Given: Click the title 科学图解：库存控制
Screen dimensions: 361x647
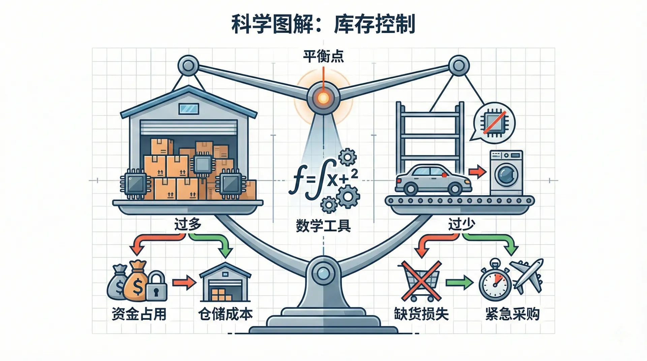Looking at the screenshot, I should pyautogui.click(x=323, y=24).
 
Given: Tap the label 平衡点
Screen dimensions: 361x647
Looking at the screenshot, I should pyautogui.click(x=323, y=56).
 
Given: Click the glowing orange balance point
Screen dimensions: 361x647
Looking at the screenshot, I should pyautogui.click(x=323, y=98).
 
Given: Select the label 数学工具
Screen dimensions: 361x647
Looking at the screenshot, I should pyautogui.click(x=323, y=226).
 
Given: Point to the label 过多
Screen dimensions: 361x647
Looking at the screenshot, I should pyautogui.click(x=188, y=224).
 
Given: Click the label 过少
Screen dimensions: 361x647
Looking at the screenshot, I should pyautogui.click(x=461, y=224).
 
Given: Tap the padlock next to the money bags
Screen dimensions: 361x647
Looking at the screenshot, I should pyautogui.click(x=156, y=287).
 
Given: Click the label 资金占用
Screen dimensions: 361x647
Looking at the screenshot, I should pyautogui.click(x=139, y=314).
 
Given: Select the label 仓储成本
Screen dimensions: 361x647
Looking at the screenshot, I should pyautogui.click(x=225, y=314).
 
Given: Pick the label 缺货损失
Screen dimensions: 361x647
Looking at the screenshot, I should pyautogui.click(x=421, y=314).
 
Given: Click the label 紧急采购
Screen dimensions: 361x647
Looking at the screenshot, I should pyautogui.click(x=512, y=314).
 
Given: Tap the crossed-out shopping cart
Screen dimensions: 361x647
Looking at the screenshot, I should pyautogui.click(x=421, y=282).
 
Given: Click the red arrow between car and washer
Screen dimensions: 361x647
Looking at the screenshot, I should pyautogui.click(x=477, y=172).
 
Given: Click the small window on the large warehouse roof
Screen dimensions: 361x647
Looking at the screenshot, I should pyautogui.click(x=189, y=108).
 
